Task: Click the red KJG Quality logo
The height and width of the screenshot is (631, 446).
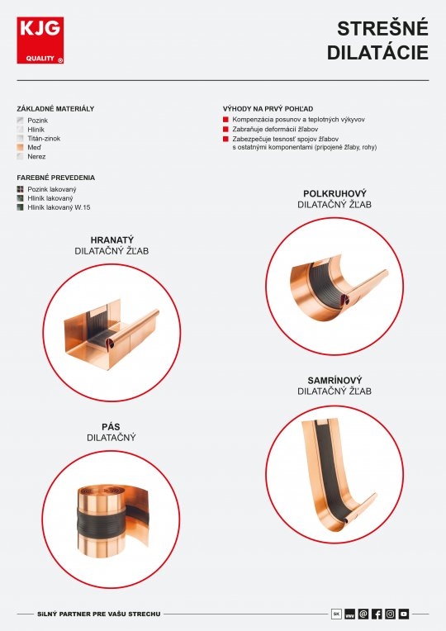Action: tap(40, 40)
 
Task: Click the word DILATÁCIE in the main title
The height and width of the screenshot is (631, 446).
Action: tap(377, 53)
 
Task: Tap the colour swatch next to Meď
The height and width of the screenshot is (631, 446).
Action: tap(20, 147)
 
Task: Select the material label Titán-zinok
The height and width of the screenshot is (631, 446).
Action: tap(44, 139)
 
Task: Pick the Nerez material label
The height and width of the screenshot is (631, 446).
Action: tap(36, 157)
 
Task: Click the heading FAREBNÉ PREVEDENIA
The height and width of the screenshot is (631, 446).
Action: tap(56, 178)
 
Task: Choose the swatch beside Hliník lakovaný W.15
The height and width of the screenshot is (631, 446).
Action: tap(20, 207)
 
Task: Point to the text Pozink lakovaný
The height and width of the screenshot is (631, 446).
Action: tap(52, 189)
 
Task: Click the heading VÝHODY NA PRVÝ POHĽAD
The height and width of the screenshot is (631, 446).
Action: tap(268, 109)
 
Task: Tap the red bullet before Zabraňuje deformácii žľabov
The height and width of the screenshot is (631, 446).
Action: tap(225, 129)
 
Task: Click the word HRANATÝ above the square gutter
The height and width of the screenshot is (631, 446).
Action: tap(111, 240)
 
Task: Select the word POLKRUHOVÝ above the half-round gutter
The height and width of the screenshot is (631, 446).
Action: tap(334, 193)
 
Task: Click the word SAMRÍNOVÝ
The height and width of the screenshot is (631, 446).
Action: tap(334, 380)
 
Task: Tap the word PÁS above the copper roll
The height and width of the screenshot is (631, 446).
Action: tap(111, 427)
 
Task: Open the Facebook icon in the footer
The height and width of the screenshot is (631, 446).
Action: tap(377, 614)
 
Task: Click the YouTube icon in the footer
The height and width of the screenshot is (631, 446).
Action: tap(404, 614)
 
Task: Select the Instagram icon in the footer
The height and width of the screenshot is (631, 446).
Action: tap(391, 614)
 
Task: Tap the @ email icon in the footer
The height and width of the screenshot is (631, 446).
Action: tap(363, 614)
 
